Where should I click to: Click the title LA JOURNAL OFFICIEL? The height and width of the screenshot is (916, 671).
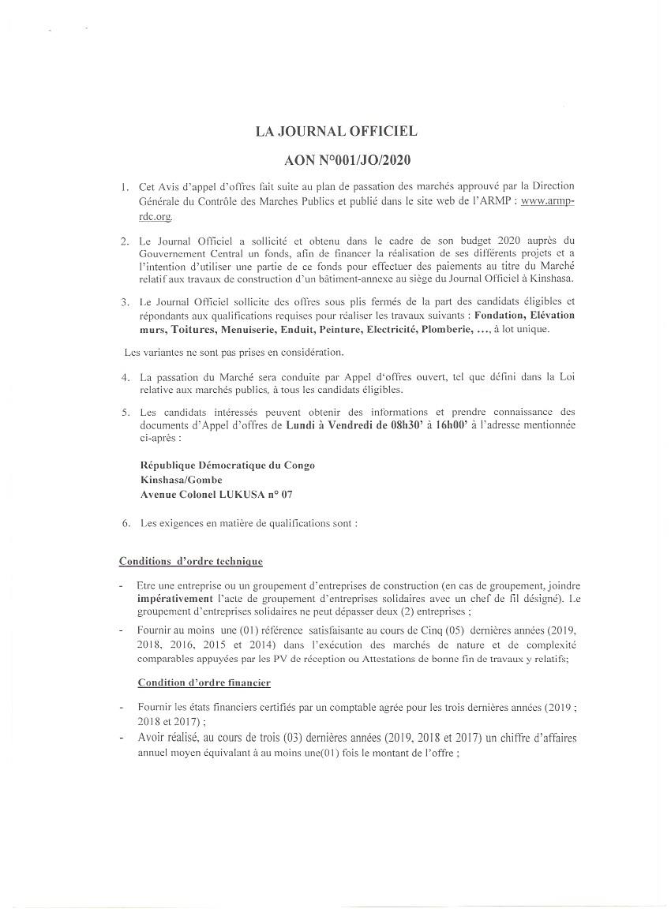tap(335, 132)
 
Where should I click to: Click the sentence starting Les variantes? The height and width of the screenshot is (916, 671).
tap(234, 352)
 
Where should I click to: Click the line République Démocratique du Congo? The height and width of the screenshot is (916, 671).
tap(227, 465)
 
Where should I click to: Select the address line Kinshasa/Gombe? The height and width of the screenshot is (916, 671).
tap(181, 479)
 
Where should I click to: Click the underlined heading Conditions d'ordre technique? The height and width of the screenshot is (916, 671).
tap(190, 561)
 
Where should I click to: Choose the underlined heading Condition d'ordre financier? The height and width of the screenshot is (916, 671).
tap(204, 682)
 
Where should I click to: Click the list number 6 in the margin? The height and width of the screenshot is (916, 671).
tap(125, 523)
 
